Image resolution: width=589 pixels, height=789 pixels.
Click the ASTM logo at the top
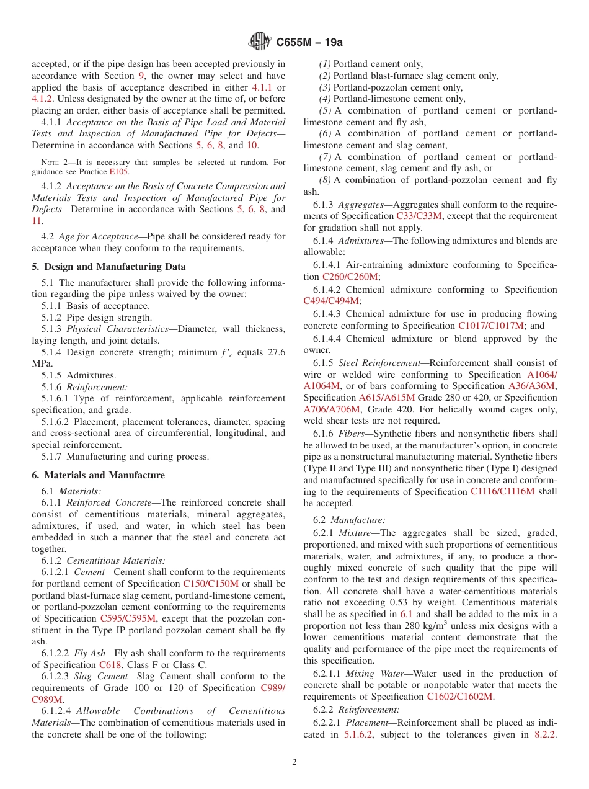click(259, 42)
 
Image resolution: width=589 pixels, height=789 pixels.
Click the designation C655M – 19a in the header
click(309, 42)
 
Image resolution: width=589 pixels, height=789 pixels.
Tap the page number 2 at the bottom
click(294, 762)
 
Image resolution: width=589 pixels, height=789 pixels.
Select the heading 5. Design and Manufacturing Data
click(108, 267)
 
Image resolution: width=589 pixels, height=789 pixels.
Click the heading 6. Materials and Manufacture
click(98, 475)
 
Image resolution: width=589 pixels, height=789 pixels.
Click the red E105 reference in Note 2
click(119, 172)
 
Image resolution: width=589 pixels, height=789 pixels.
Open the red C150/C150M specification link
click(211, 584)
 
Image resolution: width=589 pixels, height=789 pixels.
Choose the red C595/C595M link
click(128, 618)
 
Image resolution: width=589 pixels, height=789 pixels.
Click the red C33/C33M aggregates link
click(420, 216)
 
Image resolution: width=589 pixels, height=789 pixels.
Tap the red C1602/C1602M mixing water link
click(460, 697)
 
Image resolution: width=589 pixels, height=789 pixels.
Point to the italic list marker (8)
click(325, 181)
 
